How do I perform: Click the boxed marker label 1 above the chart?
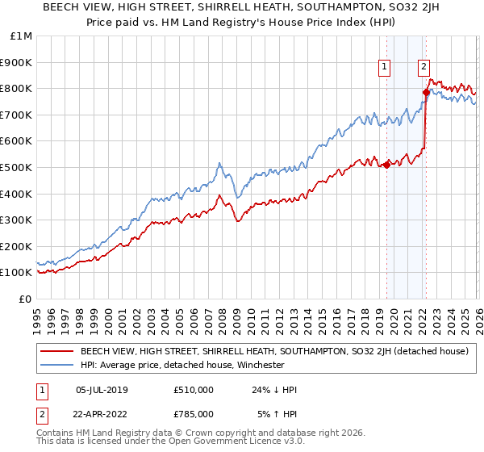(x=384, y=68)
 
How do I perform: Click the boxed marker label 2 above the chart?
(x=423, y=68)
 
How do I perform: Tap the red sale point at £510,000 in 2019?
(x=386, y=165)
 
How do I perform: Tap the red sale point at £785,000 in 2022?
(x=426, y=92)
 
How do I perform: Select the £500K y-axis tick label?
(x=16, y=167)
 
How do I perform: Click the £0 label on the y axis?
(x=24, y=299)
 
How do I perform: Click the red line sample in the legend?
(x=56, y=352)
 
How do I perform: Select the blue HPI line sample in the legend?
(x=56, y=365)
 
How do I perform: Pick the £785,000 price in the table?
(x=191, y=414)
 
